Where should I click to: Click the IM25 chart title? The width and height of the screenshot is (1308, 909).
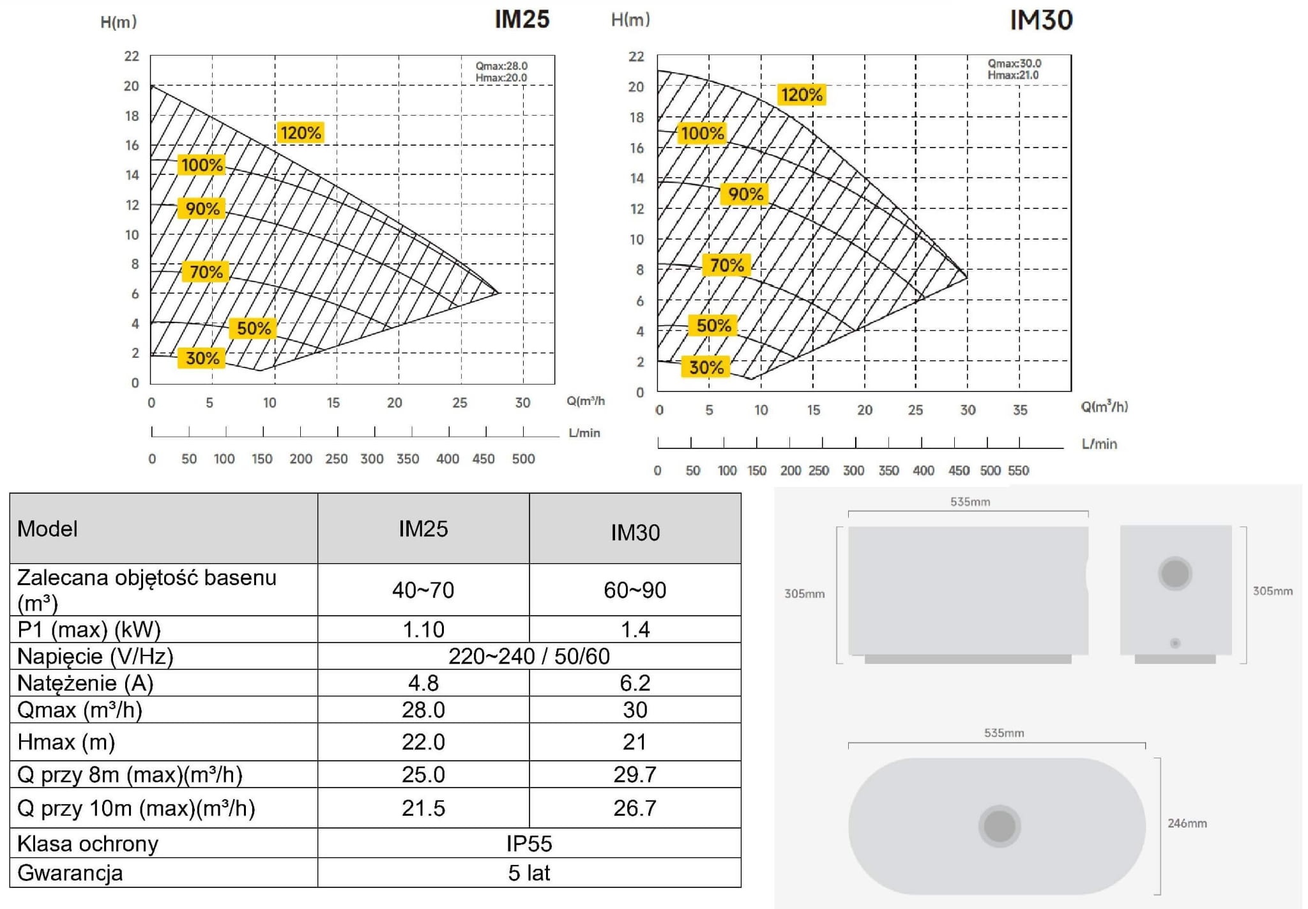pyautogui.click(x=522, y=19)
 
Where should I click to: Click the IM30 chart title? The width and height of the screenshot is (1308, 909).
pyautogui.click(x=1041, y=20)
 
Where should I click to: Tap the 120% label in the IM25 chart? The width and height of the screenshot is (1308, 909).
pyautogui.click(x=300, y=133)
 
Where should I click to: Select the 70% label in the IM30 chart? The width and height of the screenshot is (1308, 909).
pyautogui.click(x=727, y=265)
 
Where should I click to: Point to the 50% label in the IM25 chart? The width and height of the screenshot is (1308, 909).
pyautogui.click(x=254, y=328)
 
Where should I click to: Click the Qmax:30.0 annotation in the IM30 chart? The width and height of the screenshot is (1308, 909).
pyautogui.click(x=1014, y=63)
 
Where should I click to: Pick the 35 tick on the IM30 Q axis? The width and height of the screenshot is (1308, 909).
pyautogui.click(x=1020, y=410)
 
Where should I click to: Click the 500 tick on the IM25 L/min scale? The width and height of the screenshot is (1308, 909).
pyautogui.click(x=523, y=459)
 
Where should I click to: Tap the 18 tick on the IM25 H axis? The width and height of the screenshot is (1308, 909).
pyautogui.click(x=132, y=116)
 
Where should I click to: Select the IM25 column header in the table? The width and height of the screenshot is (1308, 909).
pyautogui.click(x=423, y=529)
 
